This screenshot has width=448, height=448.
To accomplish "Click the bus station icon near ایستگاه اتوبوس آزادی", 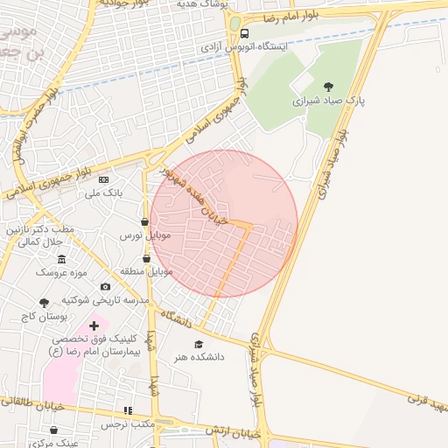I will pos(244,34).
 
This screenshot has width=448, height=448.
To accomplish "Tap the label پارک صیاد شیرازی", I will pos(328,101).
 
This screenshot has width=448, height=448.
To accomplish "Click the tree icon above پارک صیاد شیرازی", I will pos(328,87).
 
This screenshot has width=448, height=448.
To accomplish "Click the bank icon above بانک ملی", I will pos(104,179).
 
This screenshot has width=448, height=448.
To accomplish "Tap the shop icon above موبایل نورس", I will pos(144,222).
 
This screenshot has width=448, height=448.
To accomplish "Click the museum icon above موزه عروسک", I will pos(61,260).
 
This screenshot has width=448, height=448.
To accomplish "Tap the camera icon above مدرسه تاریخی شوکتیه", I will pos(105,286).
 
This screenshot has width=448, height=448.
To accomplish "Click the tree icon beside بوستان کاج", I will pos(45,303).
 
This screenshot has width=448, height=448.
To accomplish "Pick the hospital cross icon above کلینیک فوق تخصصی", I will pos(94,325).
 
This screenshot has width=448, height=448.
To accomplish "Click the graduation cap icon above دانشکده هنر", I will pos(198,344).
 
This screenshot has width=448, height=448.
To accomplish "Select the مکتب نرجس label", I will pos(127,423).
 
